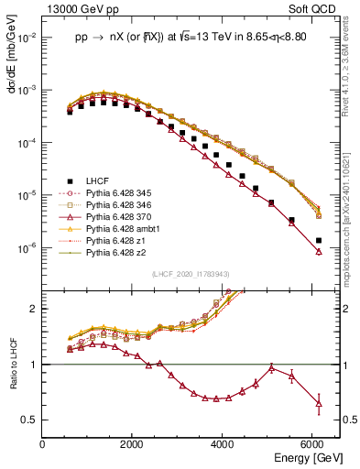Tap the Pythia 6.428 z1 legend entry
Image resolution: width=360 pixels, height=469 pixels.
point(114,241)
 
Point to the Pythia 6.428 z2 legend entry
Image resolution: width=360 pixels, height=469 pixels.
point(114,253)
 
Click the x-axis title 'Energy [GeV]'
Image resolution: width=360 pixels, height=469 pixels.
point(307,457)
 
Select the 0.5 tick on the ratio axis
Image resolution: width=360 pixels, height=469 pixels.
point(31,420)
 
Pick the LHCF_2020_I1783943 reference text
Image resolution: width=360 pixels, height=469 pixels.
point(190,274)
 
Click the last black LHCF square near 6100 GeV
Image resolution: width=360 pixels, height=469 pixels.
point(318,240)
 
